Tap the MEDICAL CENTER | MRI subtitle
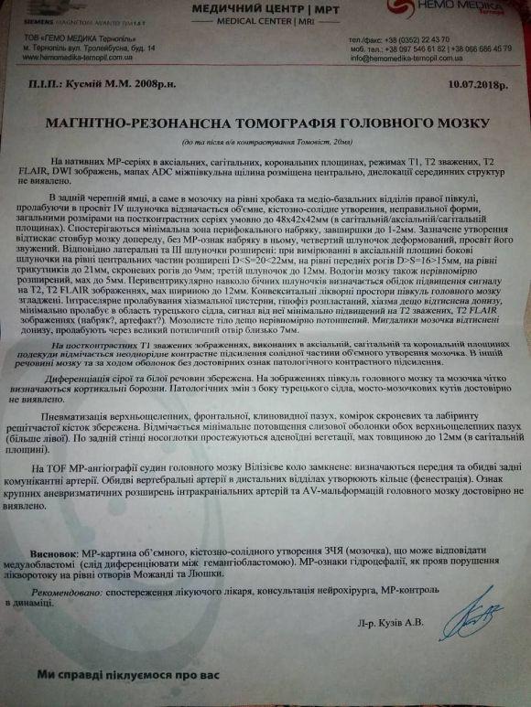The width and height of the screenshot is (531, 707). click(x=247, y=25)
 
